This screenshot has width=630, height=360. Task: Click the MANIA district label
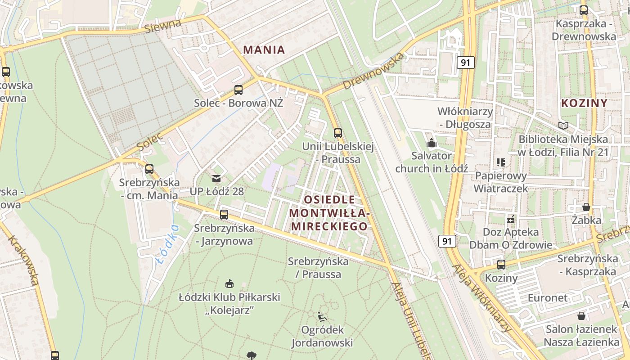[264, 49]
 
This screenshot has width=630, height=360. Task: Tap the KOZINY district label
[584, 103]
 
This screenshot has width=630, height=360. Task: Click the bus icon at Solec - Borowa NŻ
[238, 90]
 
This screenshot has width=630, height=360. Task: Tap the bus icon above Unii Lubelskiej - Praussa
[337, 133]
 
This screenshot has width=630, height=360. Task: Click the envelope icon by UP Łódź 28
[216, 179]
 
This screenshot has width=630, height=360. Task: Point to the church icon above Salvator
[432, 143]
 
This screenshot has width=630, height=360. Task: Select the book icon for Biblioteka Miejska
[563, 126]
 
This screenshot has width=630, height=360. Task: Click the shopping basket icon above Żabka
[586, 207]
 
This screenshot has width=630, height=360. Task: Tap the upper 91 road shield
[465, 62]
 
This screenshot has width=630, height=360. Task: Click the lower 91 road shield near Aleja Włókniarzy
[447, 241]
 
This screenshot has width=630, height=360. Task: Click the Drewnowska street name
[373, 71]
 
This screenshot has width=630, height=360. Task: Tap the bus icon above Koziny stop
[501, 265]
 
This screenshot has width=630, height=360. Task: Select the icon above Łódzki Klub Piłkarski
[229, 283]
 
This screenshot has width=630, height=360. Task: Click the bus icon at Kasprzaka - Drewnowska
[584, 10]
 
